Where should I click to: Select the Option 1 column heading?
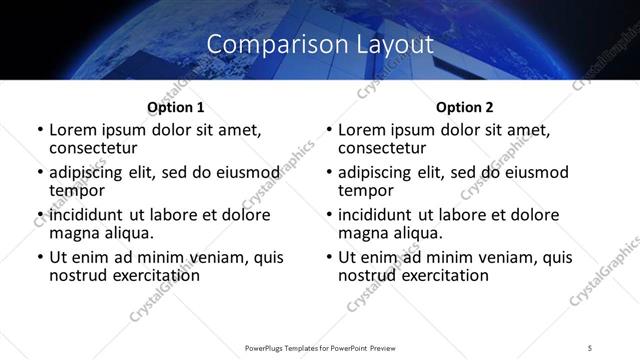pyautogui.click(x=176, y=107)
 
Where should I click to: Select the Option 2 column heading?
pyautogui.click(x=465, y=107)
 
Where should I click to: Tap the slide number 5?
pyautogui.click(x=591, y=346)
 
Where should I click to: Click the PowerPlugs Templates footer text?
pyautogui.click(x=319, y=346)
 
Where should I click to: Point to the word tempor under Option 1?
pyautogui.click(x=77, y=190)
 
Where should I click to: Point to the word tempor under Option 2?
pyautogui.click(x=366, y=190)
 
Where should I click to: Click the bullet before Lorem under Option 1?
pyautogui.click(x=39, y=131)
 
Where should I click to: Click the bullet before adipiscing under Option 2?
pyautogui.click(x=328, y=173)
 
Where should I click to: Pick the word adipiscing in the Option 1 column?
pyautogui.click(x=88, y=172)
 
